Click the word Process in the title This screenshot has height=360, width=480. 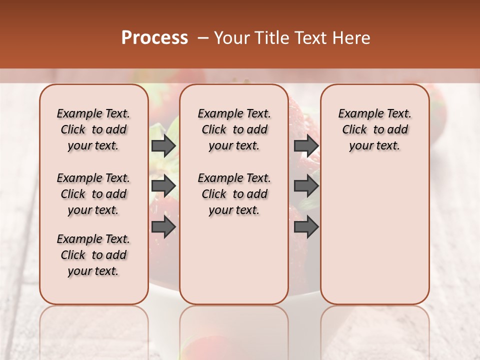coord(154,38)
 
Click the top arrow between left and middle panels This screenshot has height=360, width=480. coord(163,145)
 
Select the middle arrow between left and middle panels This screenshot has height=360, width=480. coord(163,186)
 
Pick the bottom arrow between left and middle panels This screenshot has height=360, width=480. coord(163,226)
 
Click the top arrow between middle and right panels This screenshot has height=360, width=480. coord(306,145)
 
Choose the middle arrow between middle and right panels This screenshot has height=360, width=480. coord(306,186)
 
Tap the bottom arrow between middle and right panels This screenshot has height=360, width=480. coord(306,226)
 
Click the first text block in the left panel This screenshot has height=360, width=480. coord(93,129)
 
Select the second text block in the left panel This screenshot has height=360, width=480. coord(93,194)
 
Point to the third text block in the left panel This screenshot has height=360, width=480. coord(93,255)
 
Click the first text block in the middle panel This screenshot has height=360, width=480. coord(234,129)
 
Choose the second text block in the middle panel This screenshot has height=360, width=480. coord(234,194)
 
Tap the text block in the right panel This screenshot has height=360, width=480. coord(375,129)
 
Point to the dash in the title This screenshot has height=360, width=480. coord(203,38)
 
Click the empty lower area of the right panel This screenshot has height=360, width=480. coord(375,235)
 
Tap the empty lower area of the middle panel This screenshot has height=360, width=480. coord(234,260)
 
